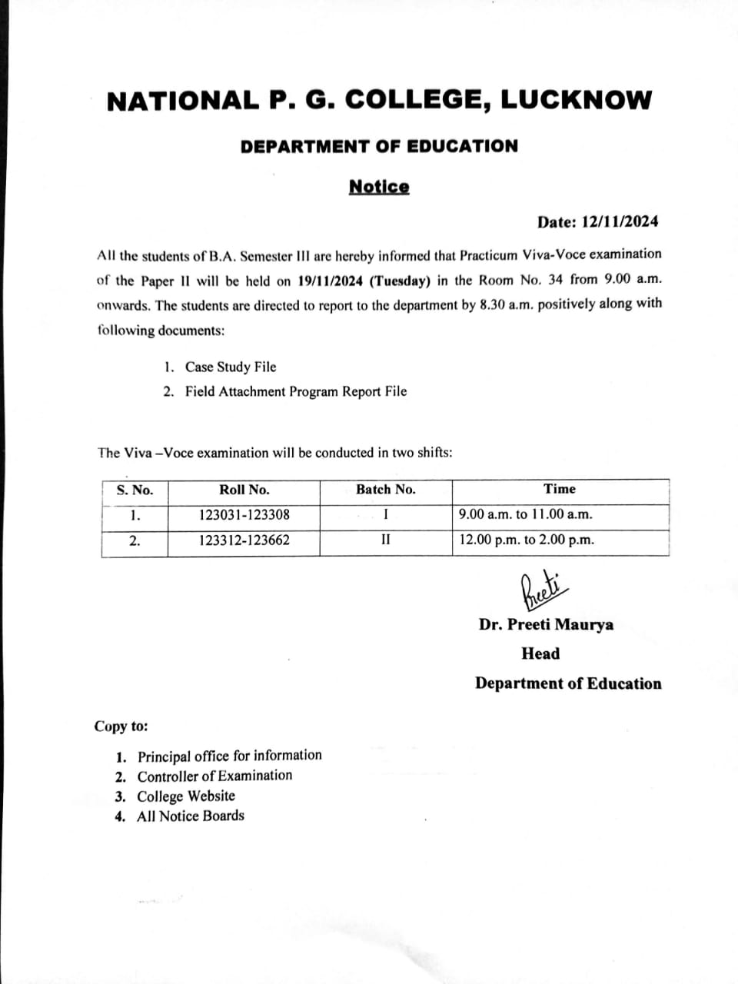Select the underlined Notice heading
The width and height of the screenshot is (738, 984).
point(379,187)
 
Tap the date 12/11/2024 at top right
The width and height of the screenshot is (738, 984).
point(620,222)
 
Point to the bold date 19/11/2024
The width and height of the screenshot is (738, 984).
point(330,280)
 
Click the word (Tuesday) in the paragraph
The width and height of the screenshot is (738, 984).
point(399,280)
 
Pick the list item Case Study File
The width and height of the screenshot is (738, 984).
point(230,367)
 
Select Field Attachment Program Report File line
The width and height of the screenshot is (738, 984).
point(295,391)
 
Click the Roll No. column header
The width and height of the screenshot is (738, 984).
point(244,490)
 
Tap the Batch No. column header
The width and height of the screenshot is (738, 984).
point(385,490)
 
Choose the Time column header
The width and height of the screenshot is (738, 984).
point(559,489)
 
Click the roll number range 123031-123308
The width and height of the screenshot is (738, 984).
point(244,515)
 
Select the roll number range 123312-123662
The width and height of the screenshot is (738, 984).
point(244,540)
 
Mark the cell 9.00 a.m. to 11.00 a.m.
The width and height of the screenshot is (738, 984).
point(525,514)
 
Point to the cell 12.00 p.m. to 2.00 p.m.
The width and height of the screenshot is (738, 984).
point(527,540)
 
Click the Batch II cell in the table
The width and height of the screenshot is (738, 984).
point(385,539)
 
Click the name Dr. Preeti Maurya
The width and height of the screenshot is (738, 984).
point(546,624)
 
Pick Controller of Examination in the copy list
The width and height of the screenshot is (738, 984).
point(214,776)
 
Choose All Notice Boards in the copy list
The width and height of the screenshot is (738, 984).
point(190,816)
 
